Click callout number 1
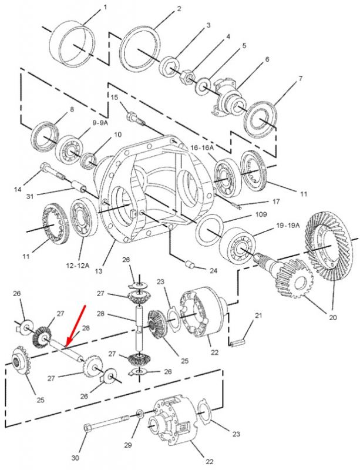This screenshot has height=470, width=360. point(105,7)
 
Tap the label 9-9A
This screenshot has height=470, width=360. point(100,123)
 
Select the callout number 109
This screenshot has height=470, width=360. point(261,214)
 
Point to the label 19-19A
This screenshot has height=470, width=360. point(288,226)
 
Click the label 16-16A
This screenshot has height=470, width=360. point(203,147)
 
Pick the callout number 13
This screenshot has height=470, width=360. point(99,271)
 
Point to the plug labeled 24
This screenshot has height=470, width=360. point(190,264)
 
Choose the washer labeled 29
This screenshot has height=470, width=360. point(140,414)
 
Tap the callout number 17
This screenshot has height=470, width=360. point(275,201)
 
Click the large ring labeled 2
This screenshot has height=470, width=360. point(140,50)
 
